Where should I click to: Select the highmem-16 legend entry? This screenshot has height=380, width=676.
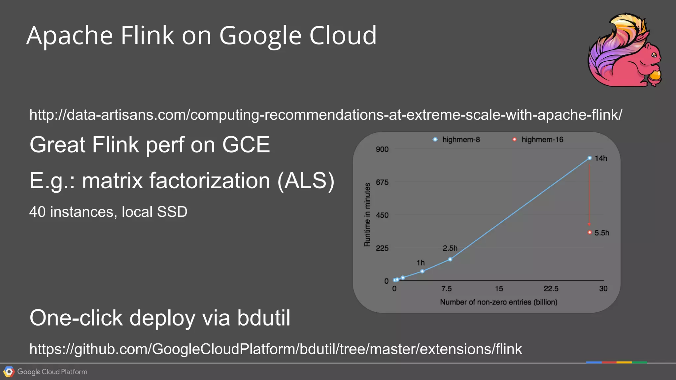[538, 140]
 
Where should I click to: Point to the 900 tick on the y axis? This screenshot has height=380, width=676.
[382, 149]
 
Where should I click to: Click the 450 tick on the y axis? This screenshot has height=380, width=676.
[382, 215]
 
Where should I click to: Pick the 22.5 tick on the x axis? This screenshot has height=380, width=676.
[551, 289]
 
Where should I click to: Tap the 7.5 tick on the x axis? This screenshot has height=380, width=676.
[446, 289]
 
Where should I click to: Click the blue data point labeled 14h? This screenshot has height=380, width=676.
[590, 158]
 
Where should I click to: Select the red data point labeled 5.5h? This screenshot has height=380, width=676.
[590, 233]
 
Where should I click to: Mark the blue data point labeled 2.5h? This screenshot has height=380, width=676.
[450, 259]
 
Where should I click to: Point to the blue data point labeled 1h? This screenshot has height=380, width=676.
[422, 271]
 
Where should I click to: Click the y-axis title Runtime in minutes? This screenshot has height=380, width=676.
[367, 215]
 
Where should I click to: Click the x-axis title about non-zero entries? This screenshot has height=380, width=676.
[498, 302]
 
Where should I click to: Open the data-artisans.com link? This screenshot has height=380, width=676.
[325, 115]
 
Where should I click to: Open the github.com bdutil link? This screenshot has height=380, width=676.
[276, 349]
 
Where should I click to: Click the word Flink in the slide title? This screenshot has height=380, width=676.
[147, 35]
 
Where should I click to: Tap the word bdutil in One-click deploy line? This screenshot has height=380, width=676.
[264, 318]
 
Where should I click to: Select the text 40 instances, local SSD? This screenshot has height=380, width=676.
[108, 212]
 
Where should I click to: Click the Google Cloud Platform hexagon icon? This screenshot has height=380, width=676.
[9, 372]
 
